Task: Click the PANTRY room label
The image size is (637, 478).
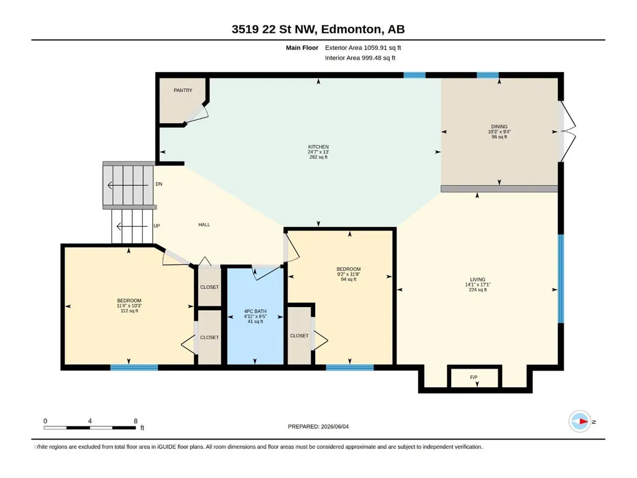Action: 183,90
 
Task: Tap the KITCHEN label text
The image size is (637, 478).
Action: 318,147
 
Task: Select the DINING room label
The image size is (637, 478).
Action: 499,126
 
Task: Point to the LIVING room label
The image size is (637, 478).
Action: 478,279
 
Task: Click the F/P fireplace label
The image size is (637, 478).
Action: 474,377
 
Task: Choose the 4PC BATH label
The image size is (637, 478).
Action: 255,311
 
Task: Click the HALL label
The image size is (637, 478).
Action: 204,224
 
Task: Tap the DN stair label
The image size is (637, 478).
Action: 159,184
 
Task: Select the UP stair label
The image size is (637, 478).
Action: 157,226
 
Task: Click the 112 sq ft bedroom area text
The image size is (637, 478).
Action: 129,311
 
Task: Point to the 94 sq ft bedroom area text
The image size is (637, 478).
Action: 349,279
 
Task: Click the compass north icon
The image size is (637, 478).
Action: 580,421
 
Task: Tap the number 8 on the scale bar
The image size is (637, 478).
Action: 135,421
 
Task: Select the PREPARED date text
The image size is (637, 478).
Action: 318,426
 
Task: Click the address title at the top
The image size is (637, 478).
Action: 318,29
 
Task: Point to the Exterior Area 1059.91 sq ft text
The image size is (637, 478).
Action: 363,48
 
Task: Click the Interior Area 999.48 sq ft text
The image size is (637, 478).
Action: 360,58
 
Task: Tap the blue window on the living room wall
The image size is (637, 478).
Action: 561,278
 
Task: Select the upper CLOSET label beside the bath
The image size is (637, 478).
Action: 209,287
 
